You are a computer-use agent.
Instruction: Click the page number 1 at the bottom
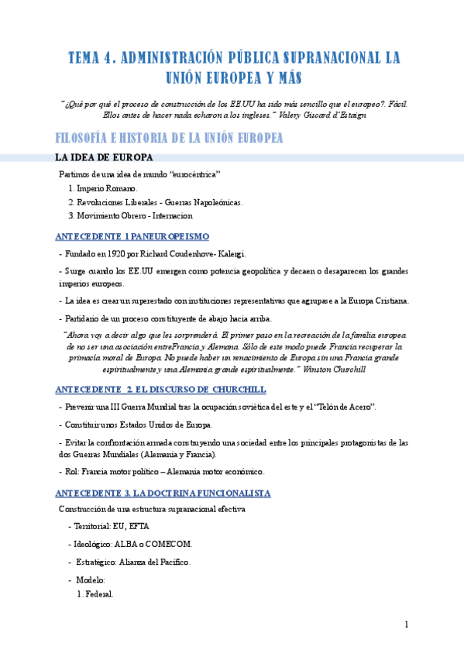(406, 624)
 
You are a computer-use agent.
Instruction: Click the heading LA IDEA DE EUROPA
(108, 158)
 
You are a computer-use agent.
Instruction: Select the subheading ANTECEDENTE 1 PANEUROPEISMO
(132, 236)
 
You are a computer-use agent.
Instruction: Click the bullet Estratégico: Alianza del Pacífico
(132, 562)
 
